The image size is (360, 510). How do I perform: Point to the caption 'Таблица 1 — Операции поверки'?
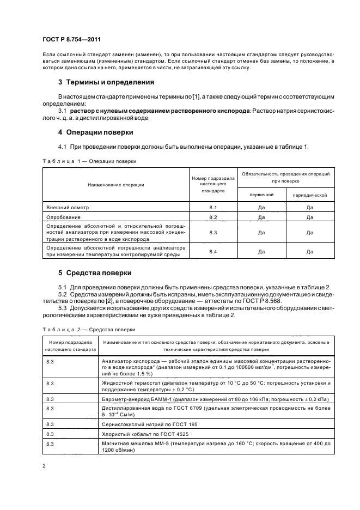tap(89, 161)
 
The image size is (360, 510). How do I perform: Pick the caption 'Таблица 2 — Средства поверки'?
tap(88, 330)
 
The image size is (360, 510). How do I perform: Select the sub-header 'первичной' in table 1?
tap(261, 195)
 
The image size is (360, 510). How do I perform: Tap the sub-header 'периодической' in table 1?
tap(309, 195)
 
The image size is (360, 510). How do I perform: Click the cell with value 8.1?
tap(213, 208)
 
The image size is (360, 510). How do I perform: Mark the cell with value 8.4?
tap(213, 251)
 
